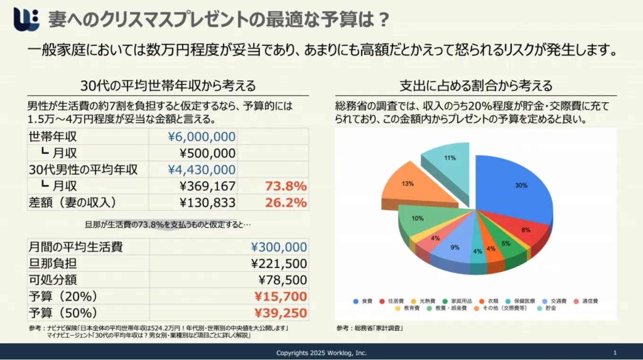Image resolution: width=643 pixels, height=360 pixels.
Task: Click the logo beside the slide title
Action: coord(26,19)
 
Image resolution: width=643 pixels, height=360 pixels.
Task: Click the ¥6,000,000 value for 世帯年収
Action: coord(202,137)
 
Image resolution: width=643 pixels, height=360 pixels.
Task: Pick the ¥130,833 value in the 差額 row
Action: coord(208,203)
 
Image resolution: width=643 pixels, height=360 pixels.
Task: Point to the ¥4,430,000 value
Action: coord(202,170)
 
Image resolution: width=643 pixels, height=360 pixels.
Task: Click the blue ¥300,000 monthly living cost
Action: coord(279,247)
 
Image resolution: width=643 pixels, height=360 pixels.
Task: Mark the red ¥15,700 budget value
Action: coord(281,297)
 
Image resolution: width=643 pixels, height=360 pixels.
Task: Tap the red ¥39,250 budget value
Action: coord(281,313)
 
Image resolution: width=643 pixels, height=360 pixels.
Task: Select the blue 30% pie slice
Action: coord(515,189)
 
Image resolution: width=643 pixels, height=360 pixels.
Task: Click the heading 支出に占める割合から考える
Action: coord(476,86)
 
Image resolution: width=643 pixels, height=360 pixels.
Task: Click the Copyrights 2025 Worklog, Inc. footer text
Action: coord(321,353)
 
